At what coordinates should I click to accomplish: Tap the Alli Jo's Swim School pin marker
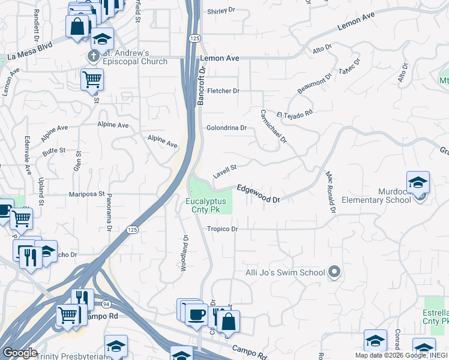[335, 272]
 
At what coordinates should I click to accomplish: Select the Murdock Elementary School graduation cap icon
[418, 182]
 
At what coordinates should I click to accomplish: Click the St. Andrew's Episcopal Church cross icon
[92, 56]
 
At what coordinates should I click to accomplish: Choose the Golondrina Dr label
[226, 128]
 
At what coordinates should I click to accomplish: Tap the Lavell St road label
[225, 171]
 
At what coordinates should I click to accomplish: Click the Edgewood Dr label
[259, 193]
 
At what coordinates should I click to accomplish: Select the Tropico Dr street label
[223, 229]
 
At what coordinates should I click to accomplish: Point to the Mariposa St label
[87, 194]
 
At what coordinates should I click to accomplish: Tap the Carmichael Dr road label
[274, 126]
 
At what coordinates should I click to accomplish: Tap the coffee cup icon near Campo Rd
[197, 314]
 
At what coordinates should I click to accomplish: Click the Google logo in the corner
[19, 353]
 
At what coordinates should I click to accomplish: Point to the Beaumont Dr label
[315, 84]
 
